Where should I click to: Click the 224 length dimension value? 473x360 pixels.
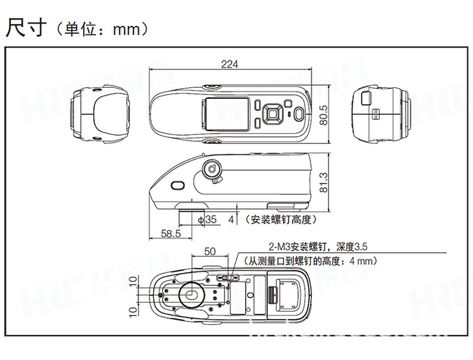230,64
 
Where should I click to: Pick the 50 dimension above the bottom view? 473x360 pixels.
210,251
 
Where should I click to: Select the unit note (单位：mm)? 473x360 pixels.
101,29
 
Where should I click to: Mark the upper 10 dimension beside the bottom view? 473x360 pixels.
132,281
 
